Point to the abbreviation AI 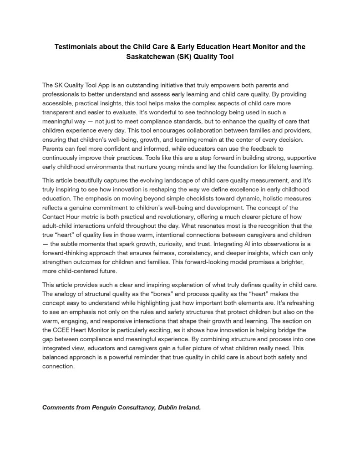coord(243,244)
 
